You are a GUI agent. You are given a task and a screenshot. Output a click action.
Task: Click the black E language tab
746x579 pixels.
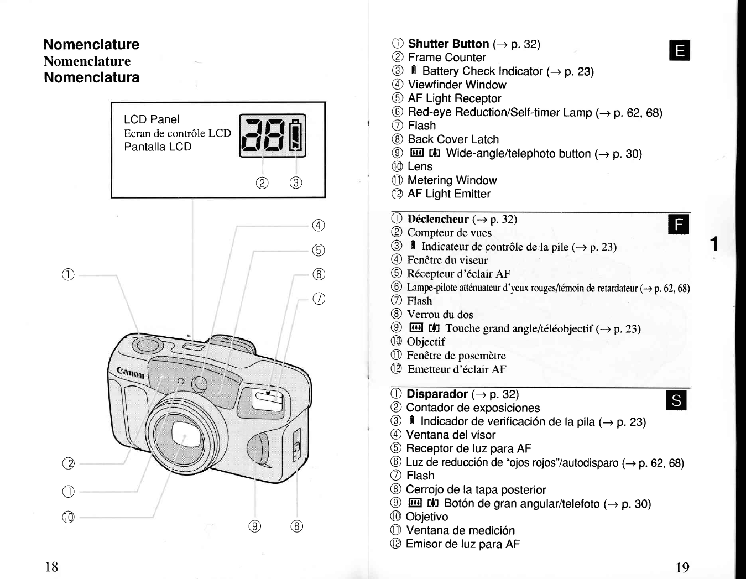680,50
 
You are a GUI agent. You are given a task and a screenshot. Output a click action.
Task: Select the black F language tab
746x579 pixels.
679,224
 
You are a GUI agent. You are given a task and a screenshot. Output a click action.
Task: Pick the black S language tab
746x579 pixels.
676,400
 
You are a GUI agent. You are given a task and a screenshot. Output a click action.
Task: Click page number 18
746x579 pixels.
51,567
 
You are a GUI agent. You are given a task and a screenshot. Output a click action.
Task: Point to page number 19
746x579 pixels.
682,567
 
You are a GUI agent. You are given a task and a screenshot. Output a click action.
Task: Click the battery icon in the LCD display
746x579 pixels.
296,135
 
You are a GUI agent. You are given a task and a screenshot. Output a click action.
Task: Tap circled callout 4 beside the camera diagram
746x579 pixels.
319,226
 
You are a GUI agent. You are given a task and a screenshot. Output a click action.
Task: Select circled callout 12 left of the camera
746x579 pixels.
69,463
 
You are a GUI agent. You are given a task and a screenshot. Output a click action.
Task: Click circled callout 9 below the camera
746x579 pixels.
254,526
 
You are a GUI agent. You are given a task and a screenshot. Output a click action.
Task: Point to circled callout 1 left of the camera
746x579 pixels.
68,275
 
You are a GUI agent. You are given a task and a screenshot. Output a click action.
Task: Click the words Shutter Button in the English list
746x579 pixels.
448,44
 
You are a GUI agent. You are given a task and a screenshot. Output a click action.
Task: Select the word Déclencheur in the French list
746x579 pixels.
438,219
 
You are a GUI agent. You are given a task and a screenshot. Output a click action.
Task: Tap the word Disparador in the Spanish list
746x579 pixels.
437,394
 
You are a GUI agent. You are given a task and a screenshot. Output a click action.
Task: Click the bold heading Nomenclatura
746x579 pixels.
92,77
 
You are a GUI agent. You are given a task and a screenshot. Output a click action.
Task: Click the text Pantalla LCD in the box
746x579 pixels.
158,147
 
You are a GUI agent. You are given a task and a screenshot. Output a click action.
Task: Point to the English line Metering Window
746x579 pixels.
452,180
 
